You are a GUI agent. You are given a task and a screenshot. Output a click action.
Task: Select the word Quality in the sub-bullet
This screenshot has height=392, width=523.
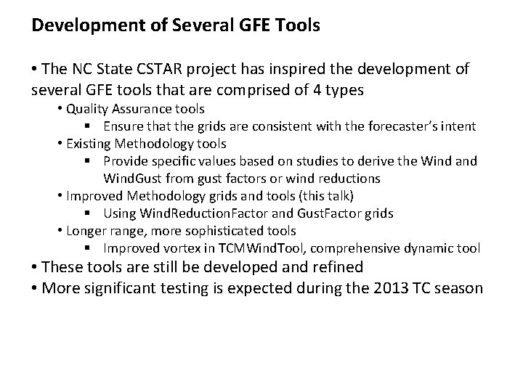tap(86, 110)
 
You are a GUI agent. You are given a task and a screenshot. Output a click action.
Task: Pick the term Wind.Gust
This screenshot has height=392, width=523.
tap(133, 178)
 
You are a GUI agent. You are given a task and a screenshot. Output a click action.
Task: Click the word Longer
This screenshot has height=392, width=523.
tap(86, 230)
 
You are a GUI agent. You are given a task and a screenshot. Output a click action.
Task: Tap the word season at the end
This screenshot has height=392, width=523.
tap(458, 287)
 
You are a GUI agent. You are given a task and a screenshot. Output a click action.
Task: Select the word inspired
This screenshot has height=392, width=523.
tap(272, 70)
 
